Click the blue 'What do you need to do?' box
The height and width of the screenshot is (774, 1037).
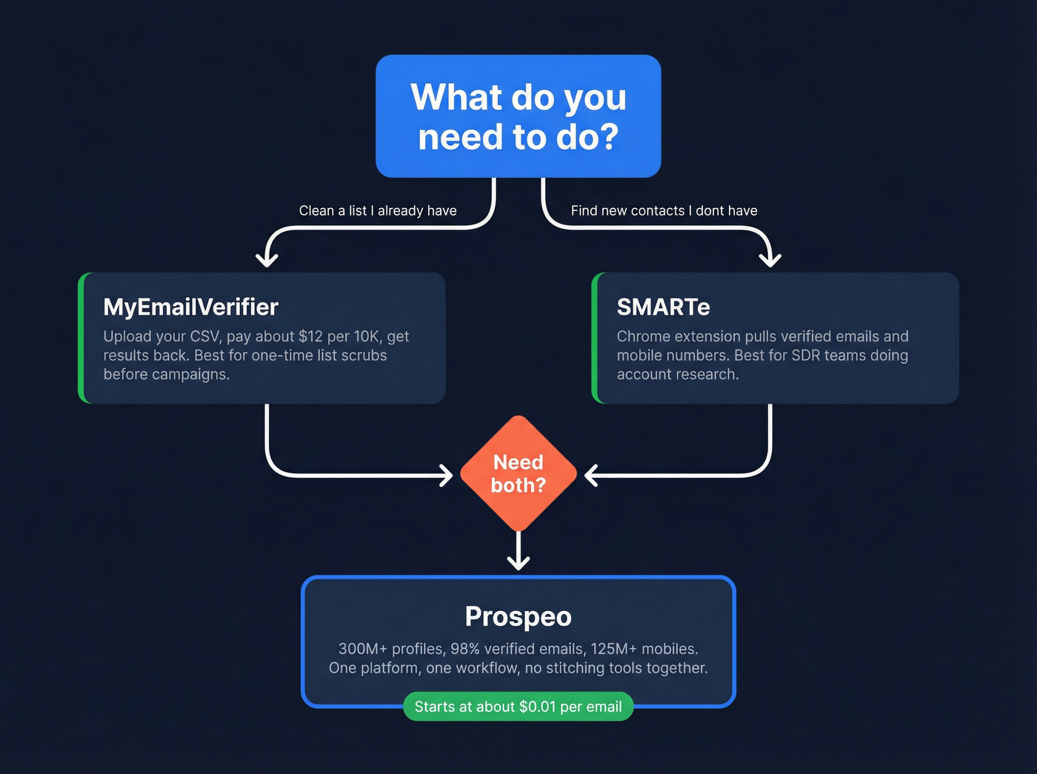coord(518,116)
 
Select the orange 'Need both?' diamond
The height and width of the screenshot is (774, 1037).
coord(518,473)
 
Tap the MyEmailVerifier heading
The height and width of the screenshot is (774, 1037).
coord(190,307)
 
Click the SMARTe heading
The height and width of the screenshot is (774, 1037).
coord(663,307)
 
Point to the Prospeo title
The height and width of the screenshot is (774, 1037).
coord(518,616)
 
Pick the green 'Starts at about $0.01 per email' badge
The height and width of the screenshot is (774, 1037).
coord(518,707)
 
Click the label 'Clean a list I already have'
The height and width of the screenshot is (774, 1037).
coord(377,211)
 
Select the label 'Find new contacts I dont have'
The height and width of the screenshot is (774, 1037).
coord(664,211)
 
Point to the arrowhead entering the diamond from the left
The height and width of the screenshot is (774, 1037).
coord(447,476)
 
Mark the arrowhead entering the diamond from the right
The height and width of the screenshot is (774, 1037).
coord(590,476)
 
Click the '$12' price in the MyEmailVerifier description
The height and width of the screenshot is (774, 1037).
coord(310,337)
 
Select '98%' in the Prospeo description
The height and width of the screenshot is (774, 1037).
coord(465,649)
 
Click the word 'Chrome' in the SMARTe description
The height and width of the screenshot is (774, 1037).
coord(641,337)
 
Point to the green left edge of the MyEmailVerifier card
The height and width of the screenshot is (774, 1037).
coord(81,338)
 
